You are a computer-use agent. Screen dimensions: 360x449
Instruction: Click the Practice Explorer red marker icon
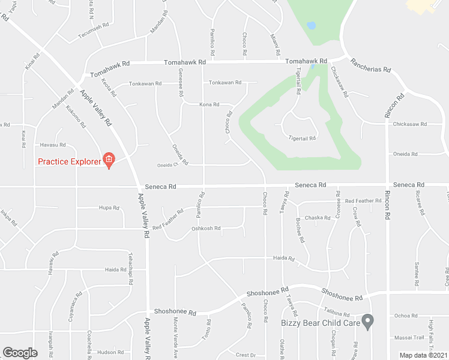click(109, 160)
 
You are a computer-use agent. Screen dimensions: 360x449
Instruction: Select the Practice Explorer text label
click(69, 161)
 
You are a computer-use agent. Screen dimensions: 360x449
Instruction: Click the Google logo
click(20, 353)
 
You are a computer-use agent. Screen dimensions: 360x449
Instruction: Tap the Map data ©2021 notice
click(424, 355)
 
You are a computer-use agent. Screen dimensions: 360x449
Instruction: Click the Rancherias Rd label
click(370, 65)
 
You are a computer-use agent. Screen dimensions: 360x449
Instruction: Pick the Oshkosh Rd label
click(206, 228)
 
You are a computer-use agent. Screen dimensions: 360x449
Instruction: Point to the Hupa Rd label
click(109, 208)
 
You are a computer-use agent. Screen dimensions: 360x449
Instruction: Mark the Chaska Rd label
click(318, 217)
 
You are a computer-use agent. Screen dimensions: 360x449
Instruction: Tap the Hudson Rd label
click(110, 352)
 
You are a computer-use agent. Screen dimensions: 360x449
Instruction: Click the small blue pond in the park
click(311, 26)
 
